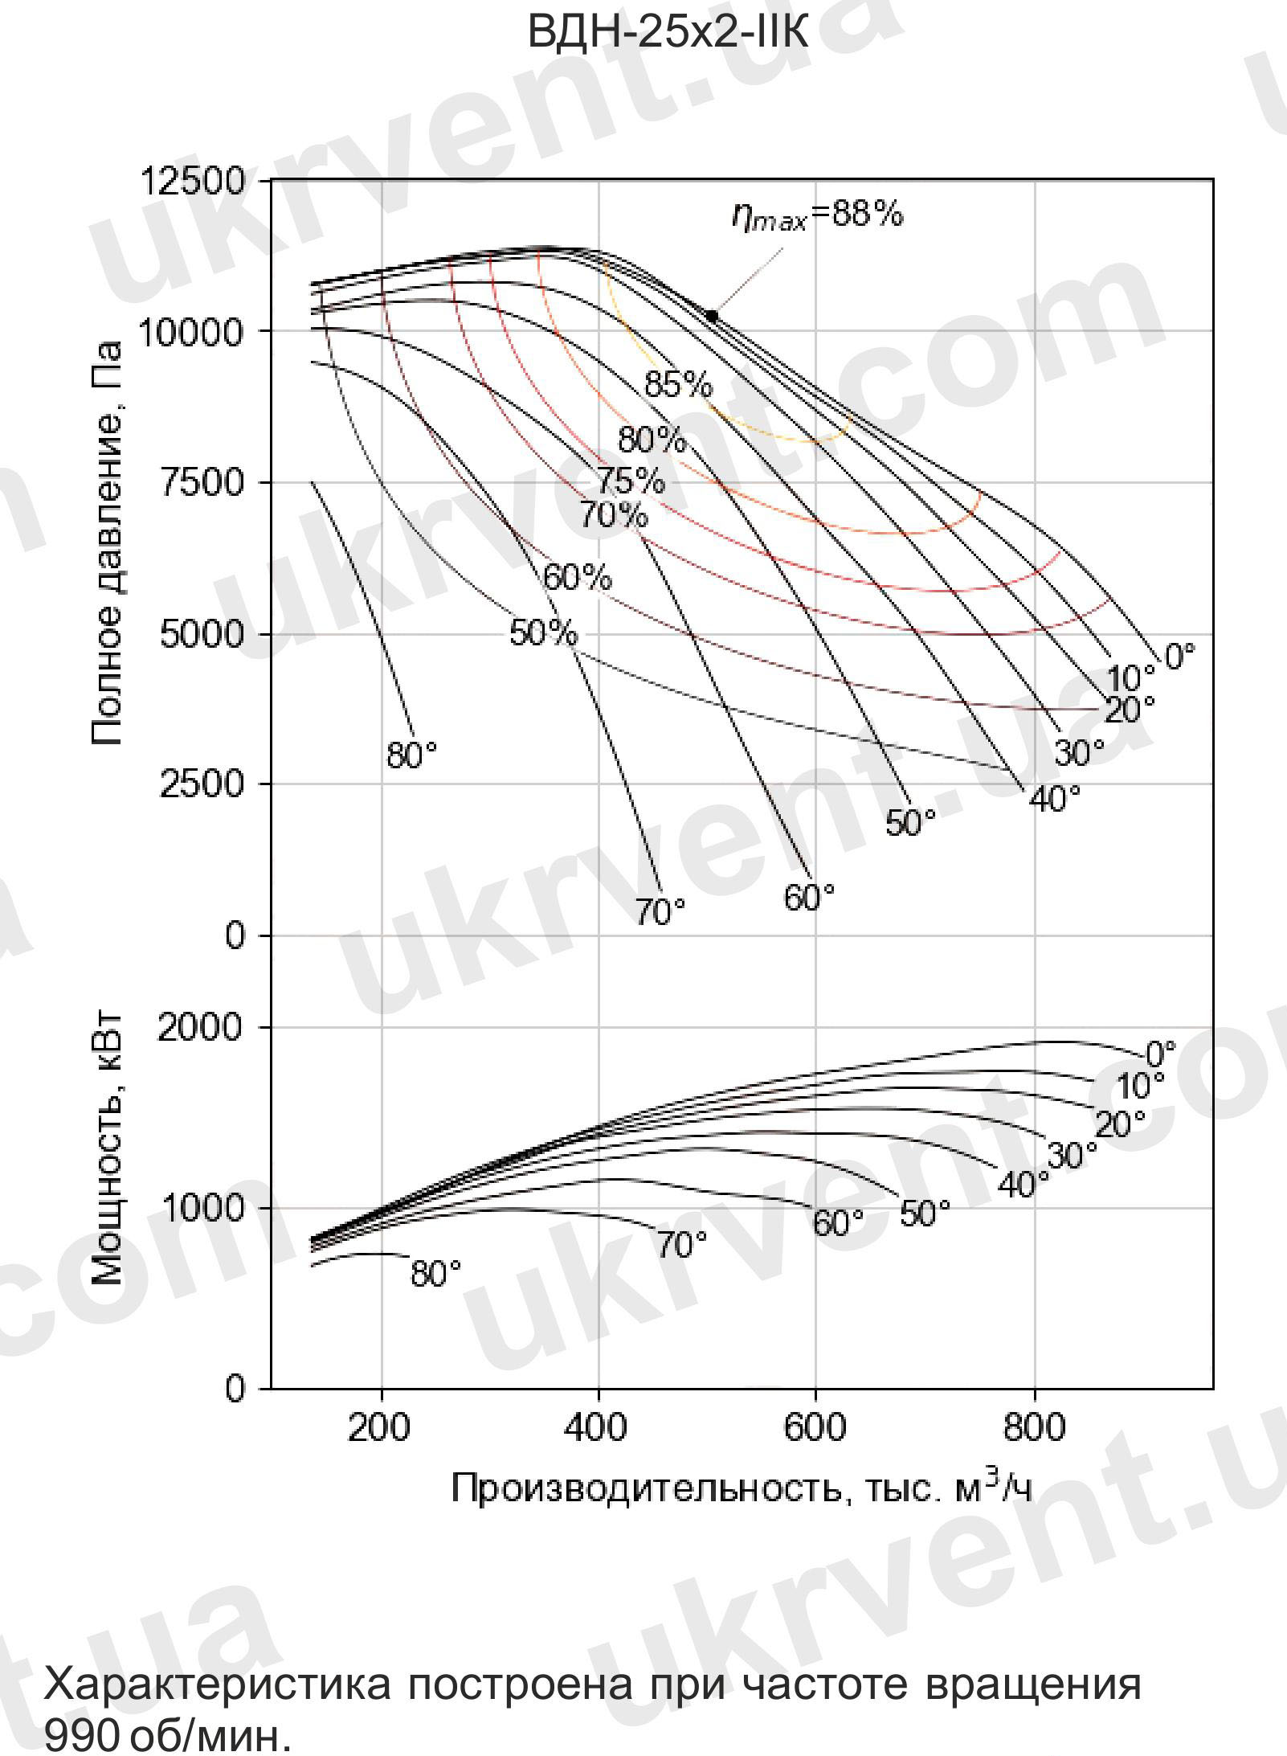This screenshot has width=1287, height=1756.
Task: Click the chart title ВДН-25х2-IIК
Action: (x=668, y=33)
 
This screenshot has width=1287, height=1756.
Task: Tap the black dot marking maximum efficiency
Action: (x=711, y=316)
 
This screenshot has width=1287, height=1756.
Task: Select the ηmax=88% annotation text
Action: (x=817, y=215)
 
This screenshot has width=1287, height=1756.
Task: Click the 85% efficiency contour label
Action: (x=678, y=385)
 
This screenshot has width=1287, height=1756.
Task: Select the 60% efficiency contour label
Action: (x=577, y=577)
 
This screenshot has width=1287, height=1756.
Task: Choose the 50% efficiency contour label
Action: (x=543, y=633)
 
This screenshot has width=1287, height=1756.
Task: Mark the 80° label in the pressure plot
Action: (x=411, y=755)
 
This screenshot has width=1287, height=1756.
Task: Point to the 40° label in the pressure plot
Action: (x=1054, y=798)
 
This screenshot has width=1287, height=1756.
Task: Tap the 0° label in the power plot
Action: (x=1160, y=1053)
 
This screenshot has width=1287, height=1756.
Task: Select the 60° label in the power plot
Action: (x=838, y=1223)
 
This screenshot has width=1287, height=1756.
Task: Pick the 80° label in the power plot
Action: (x=435, y=1274)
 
